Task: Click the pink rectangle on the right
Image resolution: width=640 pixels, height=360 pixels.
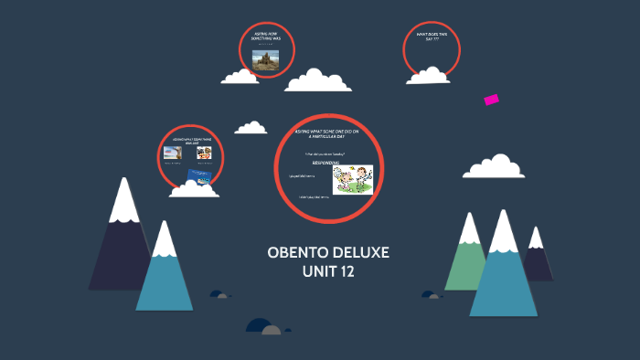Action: [491, 100]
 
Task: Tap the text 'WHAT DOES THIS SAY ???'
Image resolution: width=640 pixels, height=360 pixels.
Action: [432, 37]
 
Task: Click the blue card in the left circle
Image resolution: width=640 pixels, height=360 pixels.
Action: [199, 174]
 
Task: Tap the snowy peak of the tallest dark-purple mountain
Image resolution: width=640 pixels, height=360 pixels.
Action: [123, 201]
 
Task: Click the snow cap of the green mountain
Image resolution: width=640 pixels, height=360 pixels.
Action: [470, 229]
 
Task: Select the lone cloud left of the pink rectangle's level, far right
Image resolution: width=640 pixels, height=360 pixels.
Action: [494, 167]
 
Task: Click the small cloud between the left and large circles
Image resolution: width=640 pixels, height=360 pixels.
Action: [251, 129]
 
